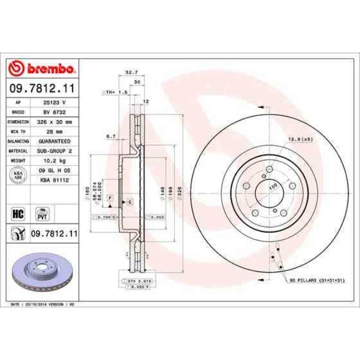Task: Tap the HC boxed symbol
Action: [17, 212]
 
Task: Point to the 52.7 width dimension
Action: [131, 73]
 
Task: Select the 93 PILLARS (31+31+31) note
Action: [317, 281]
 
